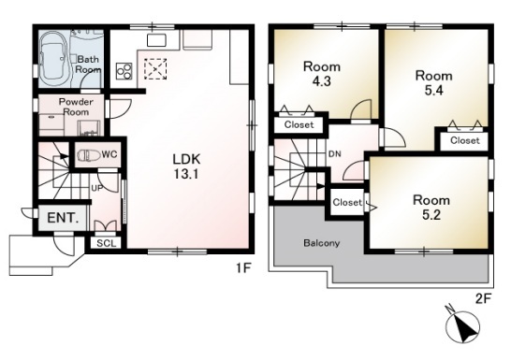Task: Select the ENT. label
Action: coord(63,218)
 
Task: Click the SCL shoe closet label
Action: coord(107,243)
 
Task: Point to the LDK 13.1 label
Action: coord(186,166)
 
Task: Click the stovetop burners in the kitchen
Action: coord(124,71)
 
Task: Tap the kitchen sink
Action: coord(156,40)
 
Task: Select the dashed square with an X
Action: coord(155,69)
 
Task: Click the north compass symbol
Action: coord(463,324)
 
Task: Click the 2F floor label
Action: coord(483,298)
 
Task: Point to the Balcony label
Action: coord(322,243)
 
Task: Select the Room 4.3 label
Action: coord(322,74)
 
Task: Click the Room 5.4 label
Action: coord(433,83)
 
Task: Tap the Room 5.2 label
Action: coord(431,208)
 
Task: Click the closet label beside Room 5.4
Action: coord(465,140)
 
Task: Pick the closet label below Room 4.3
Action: coord(299,124)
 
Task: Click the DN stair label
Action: coord(335,154)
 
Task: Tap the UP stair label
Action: coord(96,188)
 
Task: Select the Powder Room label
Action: coord(76,107)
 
